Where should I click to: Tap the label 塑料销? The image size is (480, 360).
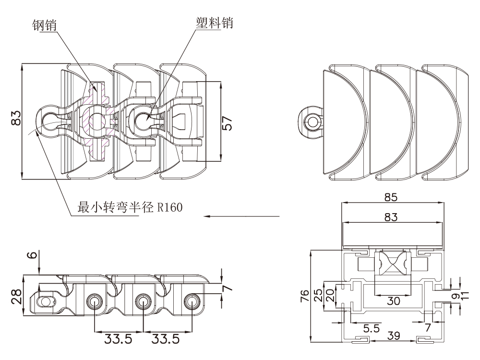(215, 22)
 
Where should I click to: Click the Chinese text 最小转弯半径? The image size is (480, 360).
(114, 208)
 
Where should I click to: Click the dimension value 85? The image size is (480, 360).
(391, 197)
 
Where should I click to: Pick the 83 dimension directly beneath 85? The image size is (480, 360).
(391, 217)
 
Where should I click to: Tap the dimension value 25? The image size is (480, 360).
(318, 295)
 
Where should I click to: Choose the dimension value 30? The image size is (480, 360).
(393, 300)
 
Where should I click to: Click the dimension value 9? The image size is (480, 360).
(454, 297)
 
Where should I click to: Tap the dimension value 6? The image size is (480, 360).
(32, 256)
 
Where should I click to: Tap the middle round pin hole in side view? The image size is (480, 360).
(143, 302)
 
